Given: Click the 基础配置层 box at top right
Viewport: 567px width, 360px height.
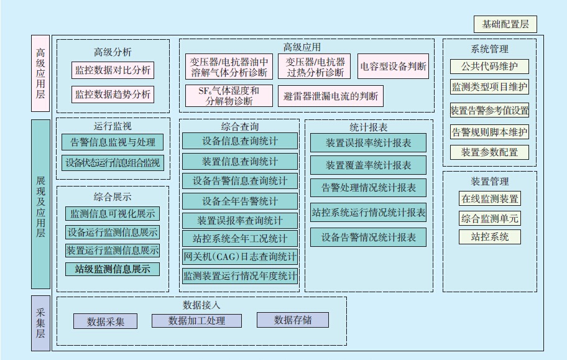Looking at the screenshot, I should (x=505, y=25).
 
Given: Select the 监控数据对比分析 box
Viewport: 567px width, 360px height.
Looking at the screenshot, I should (x=113, y=70).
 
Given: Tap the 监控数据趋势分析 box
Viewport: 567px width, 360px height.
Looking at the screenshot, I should (x=113, y=95).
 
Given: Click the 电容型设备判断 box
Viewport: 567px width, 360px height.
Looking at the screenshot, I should (x=394, y=67).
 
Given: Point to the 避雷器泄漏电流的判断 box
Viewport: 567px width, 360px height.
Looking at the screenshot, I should (x=330, y=96).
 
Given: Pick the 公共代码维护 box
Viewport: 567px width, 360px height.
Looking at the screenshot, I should (x=489, y=67).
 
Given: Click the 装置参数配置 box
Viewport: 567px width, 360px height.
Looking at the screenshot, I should (x=489, y=152).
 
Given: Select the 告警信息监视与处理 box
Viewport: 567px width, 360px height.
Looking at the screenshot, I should (x=113, y=142).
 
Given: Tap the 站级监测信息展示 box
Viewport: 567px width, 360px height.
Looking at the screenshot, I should (x=113, y=269).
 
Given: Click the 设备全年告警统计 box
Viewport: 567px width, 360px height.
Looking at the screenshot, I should (x=240, y=201).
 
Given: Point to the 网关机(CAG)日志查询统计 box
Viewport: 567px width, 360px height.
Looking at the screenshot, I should (x=240, y=256).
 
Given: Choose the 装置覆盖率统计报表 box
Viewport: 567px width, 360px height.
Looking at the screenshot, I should (x=369, y=165).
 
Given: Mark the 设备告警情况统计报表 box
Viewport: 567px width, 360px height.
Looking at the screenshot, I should (x=369, y=238).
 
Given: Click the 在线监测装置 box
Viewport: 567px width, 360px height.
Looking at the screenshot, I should (x=490, y=199).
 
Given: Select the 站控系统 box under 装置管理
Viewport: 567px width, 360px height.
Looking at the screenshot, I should (x=490, y=237).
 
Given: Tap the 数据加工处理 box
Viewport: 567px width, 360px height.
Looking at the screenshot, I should (x=196, y=321).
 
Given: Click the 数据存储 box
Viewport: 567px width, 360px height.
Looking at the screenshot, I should (x=293, y=320).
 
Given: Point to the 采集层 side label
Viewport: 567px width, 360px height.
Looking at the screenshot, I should (x=40, y=323).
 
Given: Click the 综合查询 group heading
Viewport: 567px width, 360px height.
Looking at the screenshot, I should (x=239, y=127).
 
